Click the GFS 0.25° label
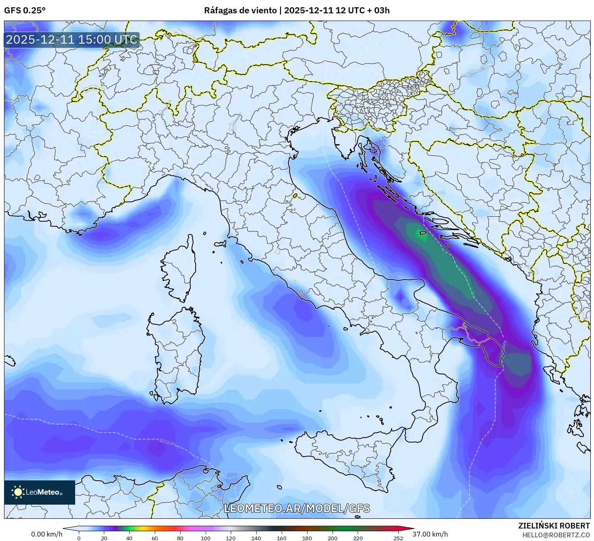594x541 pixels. pos(25,11)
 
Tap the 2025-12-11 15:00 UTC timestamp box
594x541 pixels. pos(72,40)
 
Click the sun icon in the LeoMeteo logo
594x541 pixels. pos(18,492)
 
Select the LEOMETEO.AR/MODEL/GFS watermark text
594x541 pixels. pos(297,508)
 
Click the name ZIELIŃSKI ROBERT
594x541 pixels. pos(554,526)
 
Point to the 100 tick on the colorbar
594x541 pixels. pos(205,538)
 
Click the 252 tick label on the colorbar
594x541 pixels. pos(398,538)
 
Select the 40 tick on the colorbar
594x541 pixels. pos(129,538)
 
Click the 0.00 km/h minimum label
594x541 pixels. pos(46,534)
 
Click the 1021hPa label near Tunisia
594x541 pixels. pos(168,443)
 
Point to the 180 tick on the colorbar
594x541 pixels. pos(307,538)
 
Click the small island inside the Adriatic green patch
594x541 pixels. pos(423,233)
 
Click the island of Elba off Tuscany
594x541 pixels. pos(221,244)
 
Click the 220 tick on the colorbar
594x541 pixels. pos(358,538)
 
